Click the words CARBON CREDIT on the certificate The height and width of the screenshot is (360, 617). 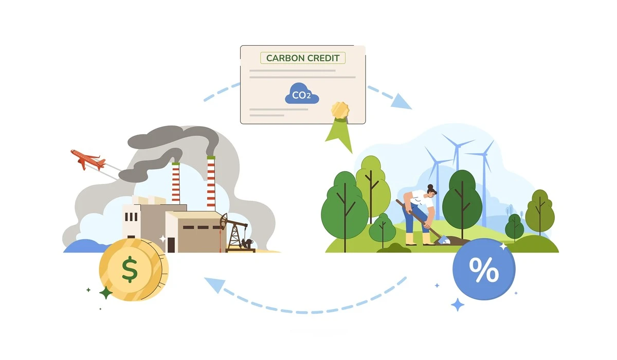click(x=303, y=58)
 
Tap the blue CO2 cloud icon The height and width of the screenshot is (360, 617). click(x=301, y=94)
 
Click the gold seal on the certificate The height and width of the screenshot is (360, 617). click(x=340, y=110)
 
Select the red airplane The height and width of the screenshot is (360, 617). click(x=88, y=159)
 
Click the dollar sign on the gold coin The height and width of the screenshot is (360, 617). click(x=130, y=269)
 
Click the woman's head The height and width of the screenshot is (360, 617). click(x=431, y=192)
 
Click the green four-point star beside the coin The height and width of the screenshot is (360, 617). click(x=106, y=293)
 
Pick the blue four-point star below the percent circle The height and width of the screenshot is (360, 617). click(x=457, y=304)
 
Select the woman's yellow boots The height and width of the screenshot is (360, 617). click(x=418, y=239)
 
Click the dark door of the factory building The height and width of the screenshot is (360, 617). click(x=171, y=244)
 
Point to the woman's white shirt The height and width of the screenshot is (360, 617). click(x=420, y=197)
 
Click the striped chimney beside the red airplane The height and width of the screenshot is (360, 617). click(x=176, y=182)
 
